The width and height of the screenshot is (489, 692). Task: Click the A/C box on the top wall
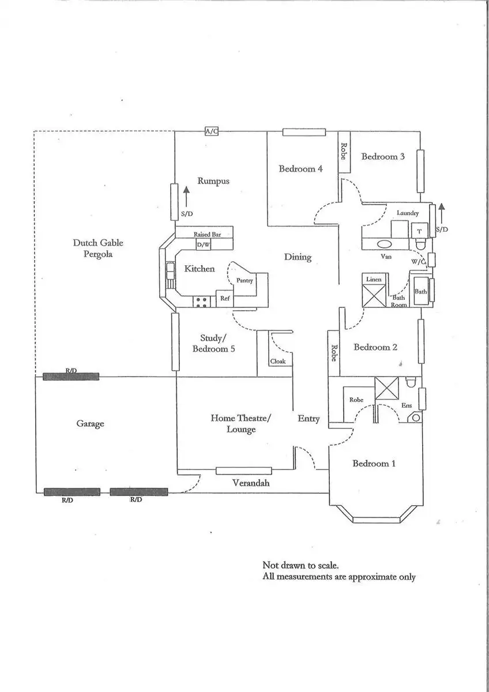coord(212,131)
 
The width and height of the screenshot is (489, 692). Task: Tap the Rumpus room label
coord(213,180)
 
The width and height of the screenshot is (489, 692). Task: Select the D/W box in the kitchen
coord(203,245)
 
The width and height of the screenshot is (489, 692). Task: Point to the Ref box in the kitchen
coord(224,299)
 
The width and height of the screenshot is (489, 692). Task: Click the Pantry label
coord(245,280)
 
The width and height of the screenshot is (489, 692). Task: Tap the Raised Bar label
coord(207,234)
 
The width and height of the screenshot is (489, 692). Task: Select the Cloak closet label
coord(278,361)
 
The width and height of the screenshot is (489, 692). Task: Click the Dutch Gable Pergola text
coord(98,249)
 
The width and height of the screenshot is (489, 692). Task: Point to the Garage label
coord(90,423)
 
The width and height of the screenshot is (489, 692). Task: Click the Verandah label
coord(251,483)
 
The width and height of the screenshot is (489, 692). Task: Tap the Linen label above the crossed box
coord(374,279)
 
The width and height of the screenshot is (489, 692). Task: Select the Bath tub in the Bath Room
coord(421,291)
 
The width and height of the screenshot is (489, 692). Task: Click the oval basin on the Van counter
coord(385,244)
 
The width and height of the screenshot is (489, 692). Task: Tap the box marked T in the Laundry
coord(419,231)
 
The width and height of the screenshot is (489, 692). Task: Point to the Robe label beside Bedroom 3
coord(344,151)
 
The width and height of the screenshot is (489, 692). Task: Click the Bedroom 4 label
coord(300,168)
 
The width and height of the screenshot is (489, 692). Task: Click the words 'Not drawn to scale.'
coord(300,565)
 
